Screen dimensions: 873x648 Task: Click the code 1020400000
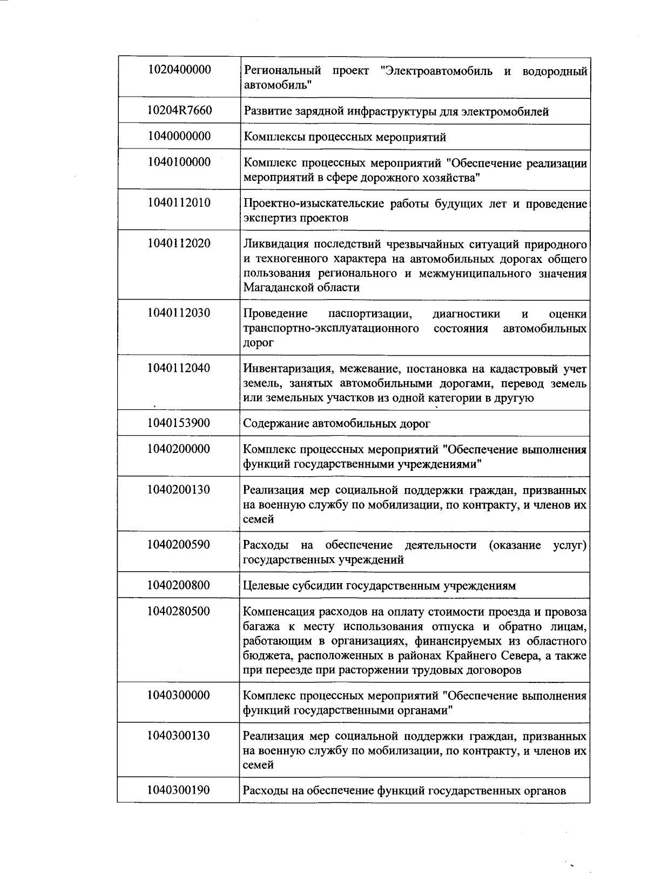(179, 70)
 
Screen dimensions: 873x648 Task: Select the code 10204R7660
(179, 111)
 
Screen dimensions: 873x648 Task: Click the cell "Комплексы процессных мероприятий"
(345, 137)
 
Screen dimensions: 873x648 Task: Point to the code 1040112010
(179, 203)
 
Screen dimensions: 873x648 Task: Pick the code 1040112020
(179, 243)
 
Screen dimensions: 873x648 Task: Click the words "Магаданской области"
(301, 288)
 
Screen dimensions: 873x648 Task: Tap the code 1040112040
(179, 368)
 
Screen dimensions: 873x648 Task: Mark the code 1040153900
(179, 423)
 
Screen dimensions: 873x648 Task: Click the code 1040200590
(179, 545)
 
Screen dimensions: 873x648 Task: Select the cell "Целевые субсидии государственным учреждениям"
(379, 586)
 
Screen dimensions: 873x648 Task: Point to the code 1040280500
(179, 612)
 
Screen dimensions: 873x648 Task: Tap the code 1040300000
(179, 695)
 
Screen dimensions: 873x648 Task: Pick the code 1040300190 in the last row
(179, 790)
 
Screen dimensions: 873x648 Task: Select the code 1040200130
(179, 490)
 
